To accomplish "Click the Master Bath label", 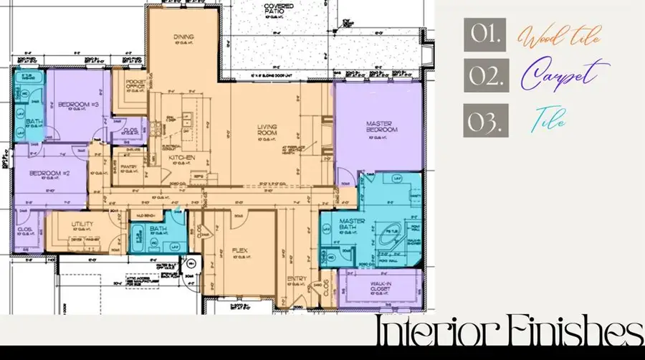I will click(x=352, y=224).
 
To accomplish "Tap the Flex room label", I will click(x=240, y=251).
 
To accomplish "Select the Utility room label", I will click(x=82, y=225).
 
